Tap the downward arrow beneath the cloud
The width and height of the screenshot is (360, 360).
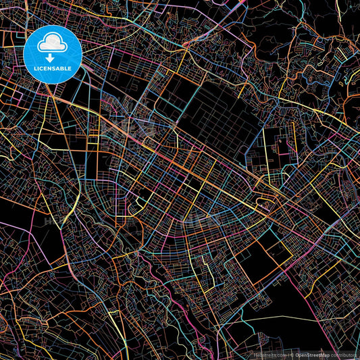(50, 58)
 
